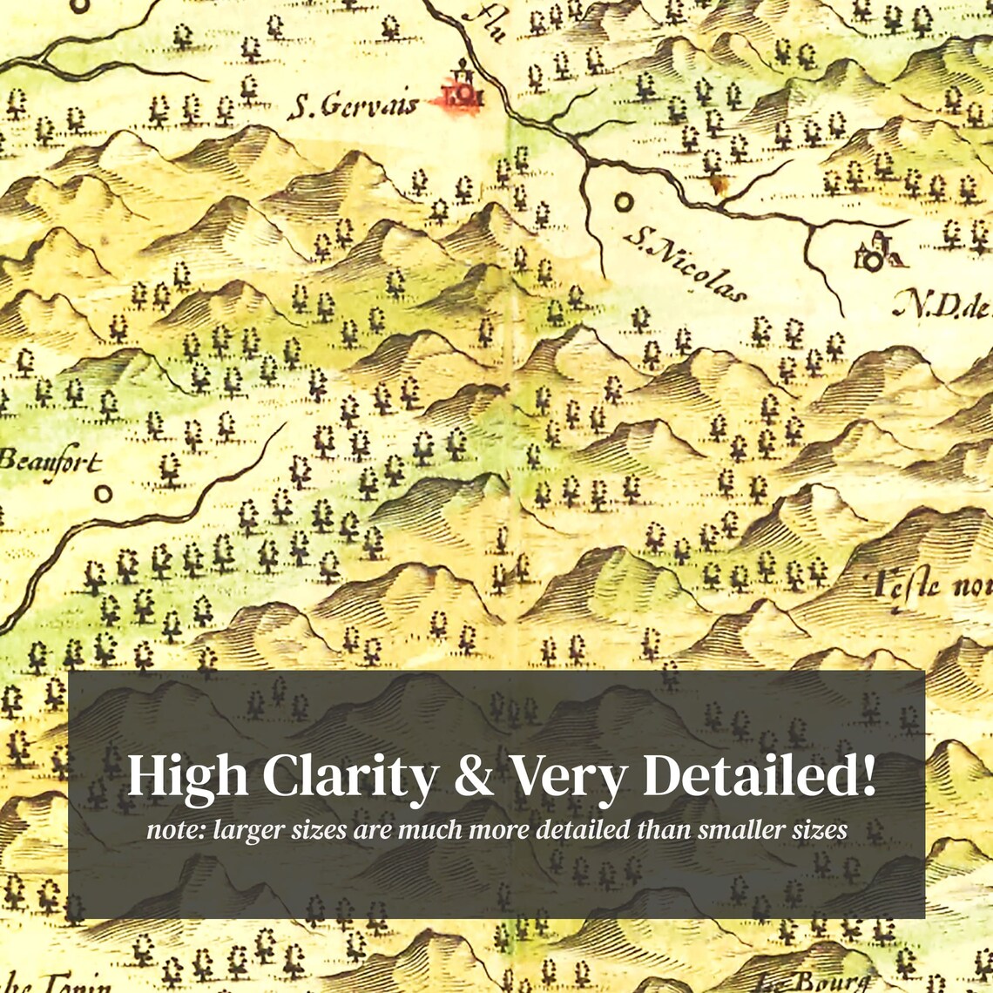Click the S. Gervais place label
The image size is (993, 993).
coord(353,105)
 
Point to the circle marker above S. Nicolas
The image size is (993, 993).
coord(624,202)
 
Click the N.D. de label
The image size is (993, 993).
coord(941,304)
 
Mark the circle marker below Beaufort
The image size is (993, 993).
coord(104,494)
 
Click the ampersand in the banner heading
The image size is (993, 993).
coord(473,776)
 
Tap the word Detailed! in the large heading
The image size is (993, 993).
coord(759,776)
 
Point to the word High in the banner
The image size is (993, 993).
coord(186,776)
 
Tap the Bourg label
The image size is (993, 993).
coord(814,982)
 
